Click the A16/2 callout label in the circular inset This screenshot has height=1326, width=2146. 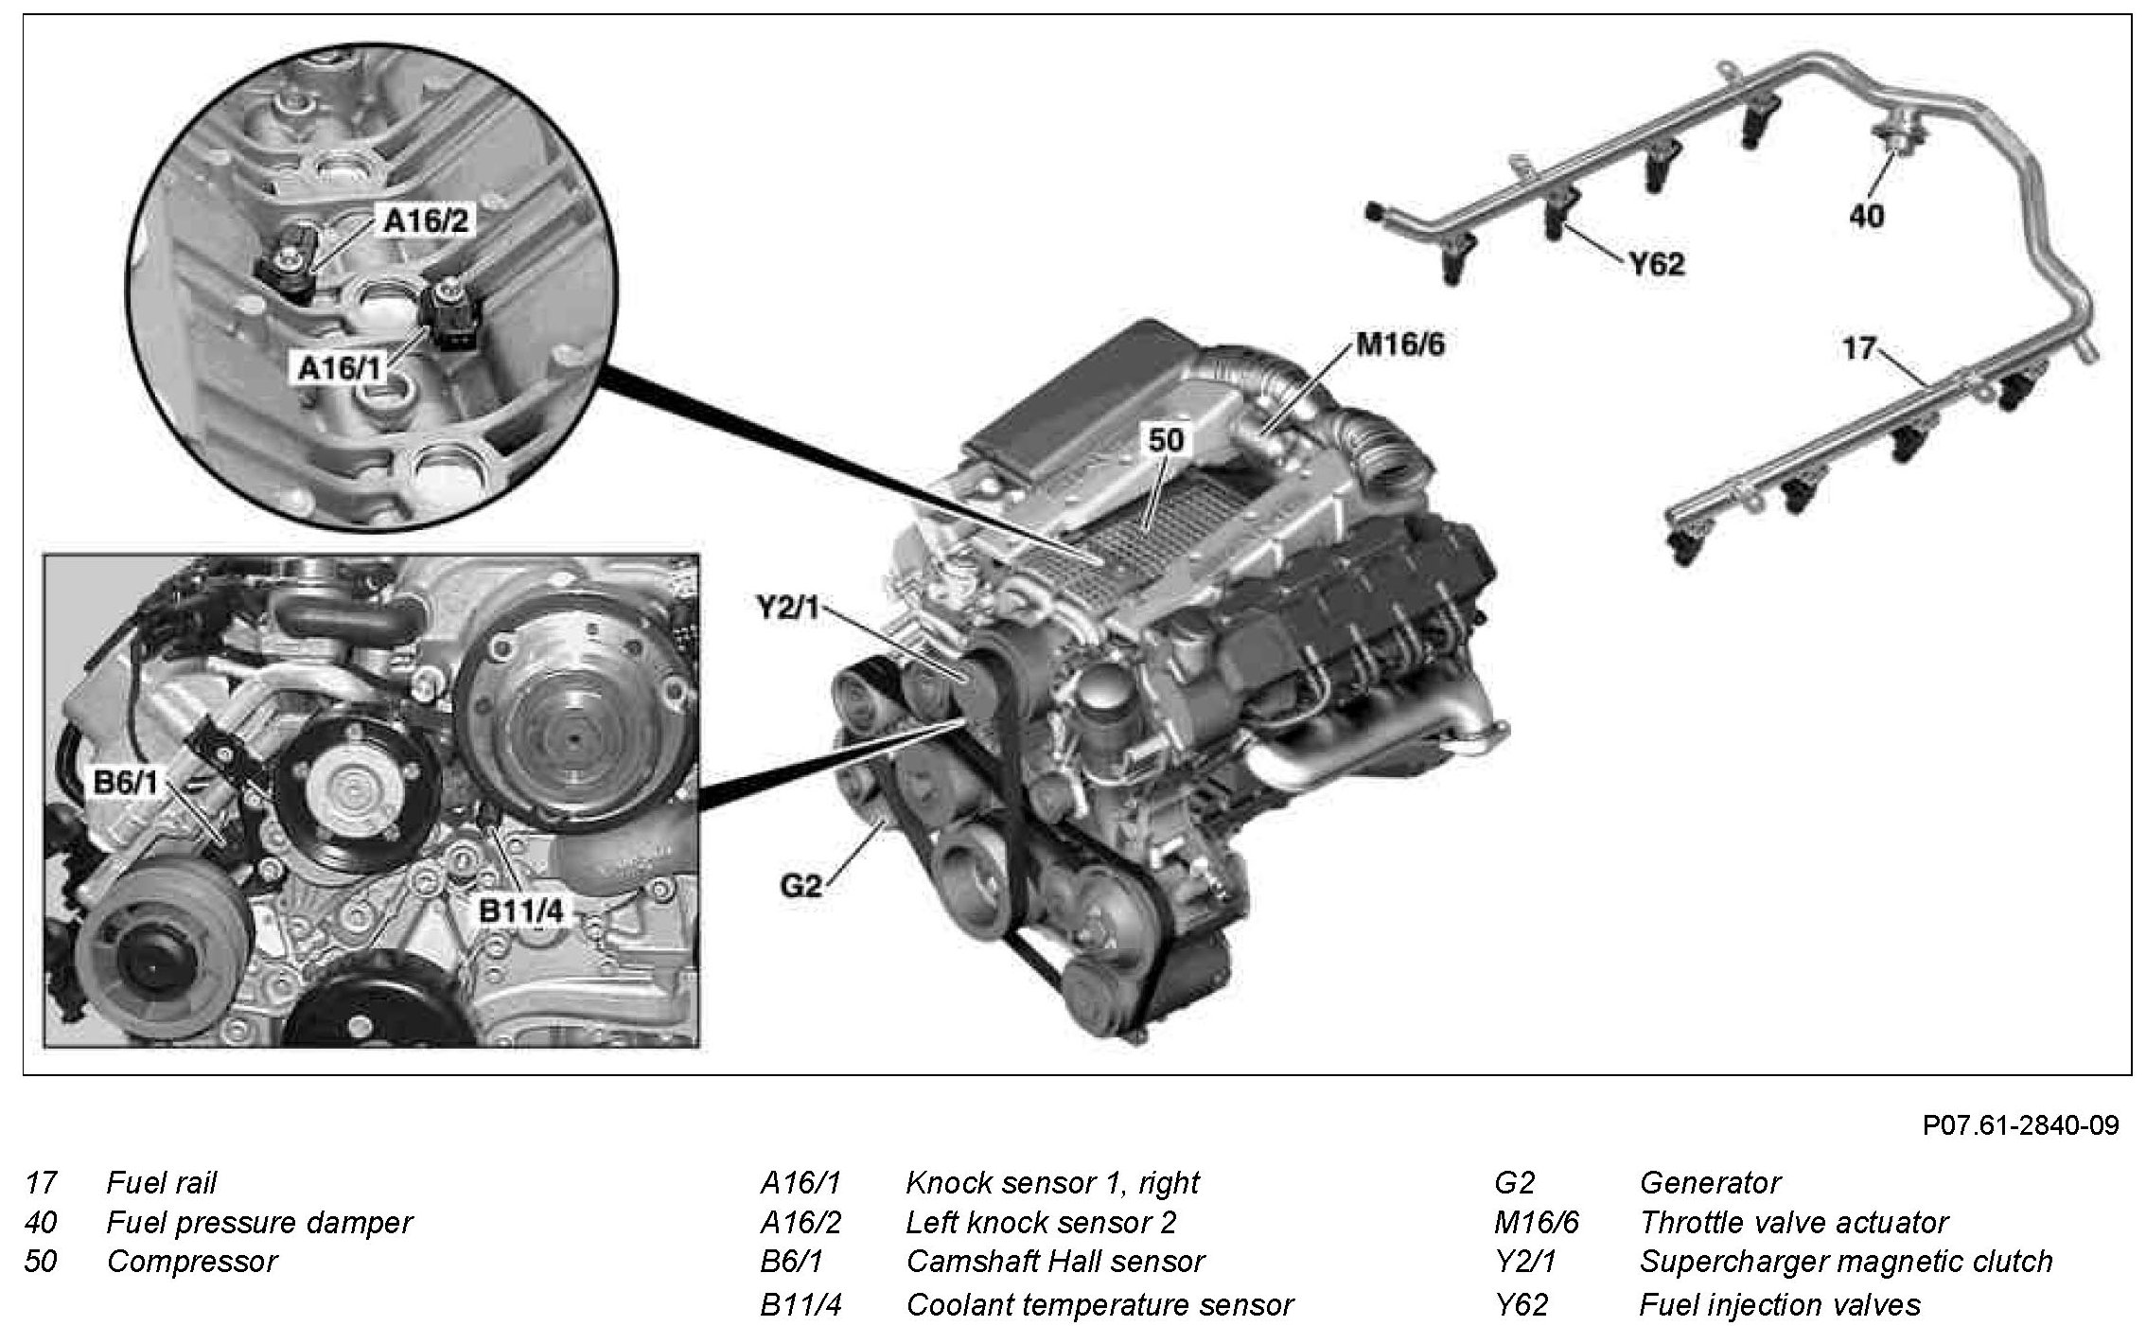tap(426, 221)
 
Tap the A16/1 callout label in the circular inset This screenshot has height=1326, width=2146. tap(340, 368)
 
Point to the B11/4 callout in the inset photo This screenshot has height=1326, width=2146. tap(520, 911)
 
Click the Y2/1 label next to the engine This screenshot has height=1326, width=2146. tap(787, 607)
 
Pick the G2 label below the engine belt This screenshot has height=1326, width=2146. tap(801, 886)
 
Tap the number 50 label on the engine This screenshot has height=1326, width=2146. tap(1166, 439)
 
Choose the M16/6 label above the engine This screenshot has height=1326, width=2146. tap(1400, 345)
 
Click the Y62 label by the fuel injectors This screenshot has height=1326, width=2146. tap(1657, 264)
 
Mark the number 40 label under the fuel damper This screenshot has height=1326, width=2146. tap(1866, 217)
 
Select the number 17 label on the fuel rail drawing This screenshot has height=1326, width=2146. tap(1858, 348)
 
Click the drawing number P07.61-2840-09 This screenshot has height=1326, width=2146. tap(2020, 1125)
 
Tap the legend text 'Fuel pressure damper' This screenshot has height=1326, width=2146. tap(259, 1223)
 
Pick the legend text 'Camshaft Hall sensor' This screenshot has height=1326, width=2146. tap(1055, 1262)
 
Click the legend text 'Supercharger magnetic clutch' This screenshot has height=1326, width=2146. tap(1846, 1262)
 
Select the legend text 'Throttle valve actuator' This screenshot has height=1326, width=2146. tap(1794, 1223)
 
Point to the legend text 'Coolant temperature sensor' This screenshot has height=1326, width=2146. tap(1099, 1305)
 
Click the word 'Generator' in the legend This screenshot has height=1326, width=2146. tap(1710, 1183)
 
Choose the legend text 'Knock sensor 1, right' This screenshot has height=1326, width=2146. tap(1052, 1183)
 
